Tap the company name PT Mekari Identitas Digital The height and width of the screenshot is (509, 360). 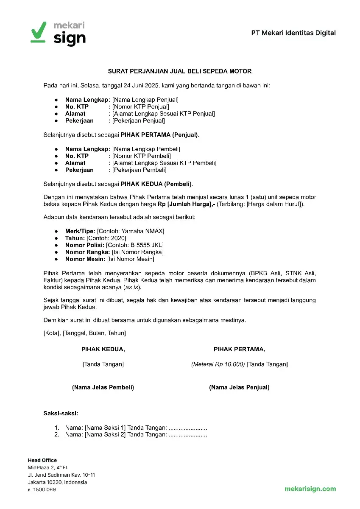(x=293, y=33)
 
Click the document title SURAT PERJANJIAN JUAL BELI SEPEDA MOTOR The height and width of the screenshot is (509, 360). (x=180, y=71)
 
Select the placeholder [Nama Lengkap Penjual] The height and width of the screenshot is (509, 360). (x=145, y=100)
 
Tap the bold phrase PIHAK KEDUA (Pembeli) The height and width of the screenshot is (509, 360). (x=156, y=184)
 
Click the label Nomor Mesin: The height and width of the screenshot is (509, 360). (x=85, y=259)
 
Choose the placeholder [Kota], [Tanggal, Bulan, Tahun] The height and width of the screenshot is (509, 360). (x=84, y=333)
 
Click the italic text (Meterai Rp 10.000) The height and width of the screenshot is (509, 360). (x=218, y=364)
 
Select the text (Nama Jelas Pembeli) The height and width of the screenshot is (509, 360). (x=103, y=387)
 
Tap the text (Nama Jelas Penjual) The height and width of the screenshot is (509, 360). (x=239, y=387)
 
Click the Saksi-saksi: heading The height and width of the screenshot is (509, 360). (x=61, y=413)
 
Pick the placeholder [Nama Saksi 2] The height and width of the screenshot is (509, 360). (x=105, y=434)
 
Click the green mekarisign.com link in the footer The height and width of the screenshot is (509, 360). (x=310, y=489)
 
